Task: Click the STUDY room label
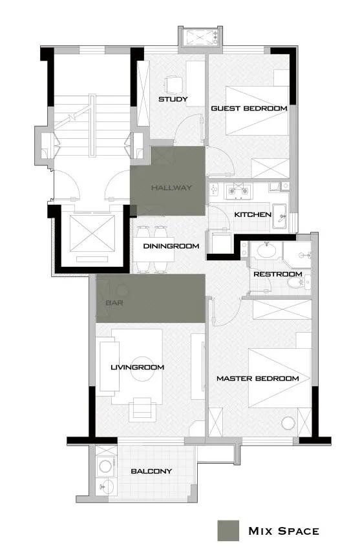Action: [x=173, y=99]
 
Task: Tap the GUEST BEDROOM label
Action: [x=249, y=108]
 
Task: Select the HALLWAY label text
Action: [x=171, y=187]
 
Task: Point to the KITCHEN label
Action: [x=253, y=214]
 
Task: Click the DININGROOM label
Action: [x=171, y=246]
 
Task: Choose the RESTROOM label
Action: [x=278, y=274]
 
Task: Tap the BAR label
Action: [x=114, y=303]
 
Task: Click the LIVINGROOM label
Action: [x=137, y=367]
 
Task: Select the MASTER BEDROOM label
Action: [x=258, y=378]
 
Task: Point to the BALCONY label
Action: [x=151, y=471]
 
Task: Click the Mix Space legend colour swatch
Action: [x=228, y=531]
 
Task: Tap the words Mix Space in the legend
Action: [x=284, y=531]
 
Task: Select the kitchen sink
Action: [x=281, y=216]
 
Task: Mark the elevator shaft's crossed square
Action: [x=92, y=233]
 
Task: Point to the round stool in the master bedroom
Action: [x=288, y=423]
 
